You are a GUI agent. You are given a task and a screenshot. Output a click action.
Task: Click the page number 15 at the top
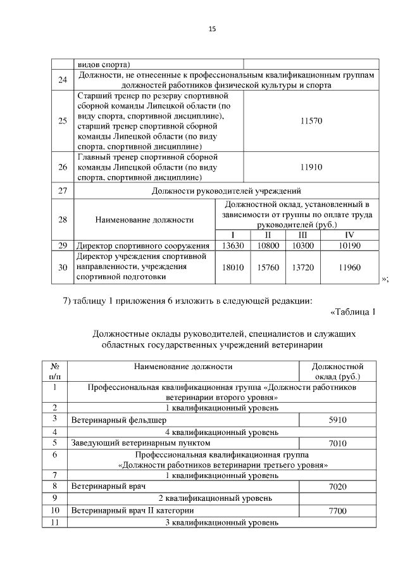click(212, 28)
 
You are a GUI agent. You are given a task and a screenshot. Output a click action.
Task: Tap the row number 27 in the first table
click(62, 190)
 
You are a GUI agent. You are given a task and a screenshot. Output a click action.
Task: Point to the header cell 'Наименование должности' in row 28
click(144, 220)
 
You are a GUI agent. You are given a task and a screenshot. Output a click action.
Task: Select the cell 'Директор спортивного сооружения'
click(142, 245)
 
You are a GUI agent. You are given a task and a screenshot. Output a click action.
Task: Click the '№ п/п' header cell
click(54, 371)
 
